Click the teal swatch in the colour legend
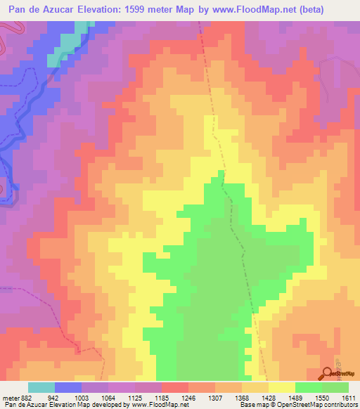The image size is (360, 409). (41, 388)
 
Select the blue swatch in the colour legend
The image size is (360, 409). (68, 388)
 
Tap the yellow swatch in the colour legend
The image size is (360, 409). (281, 388)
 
